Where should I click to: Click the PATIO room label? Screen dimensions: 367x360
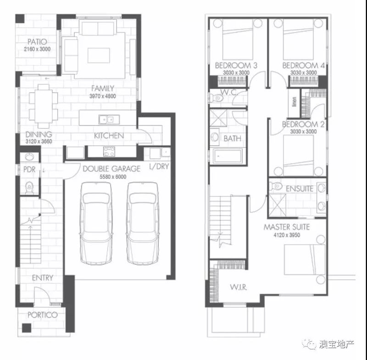37,42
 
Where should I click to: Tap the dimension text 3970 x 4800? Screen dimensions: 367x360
102,96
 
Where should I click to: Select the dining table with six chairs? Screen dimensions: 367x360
44,106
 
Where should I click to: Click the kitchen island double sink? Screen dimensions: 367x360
109,120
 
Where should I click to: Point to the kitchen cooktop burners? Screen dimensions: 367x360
109,151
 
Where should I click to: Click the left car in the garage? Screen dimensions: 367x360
96,223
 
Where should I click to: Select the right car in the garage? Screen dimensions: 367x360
143,223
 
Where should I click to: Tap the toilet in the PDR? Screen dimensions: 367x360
29,188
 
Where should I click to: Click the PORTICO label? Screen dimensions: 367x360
42,315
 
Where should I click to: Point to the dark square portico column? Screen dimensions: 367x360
27,328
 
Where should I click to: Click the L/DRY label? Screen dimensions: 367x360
159,166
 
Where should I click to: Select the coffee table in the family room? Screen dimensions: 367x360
99,55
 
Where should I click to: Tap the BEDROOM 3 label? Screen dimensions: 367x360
236,66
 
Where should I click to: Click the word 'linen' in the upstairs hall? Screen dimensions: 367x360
295,102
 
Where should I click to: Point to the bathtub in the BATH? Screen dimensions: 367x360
228,156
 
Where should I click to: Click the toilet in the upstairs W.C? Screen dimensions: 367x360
216,98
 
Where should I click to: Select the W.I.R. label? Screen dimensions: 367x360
238,287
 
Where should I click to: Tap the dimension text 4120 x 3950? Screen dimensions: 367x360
287,235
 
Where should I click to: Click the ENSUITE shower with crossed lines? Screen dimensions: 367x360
277,205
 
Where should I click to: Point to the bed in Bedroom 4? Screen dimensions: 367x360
298,39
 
